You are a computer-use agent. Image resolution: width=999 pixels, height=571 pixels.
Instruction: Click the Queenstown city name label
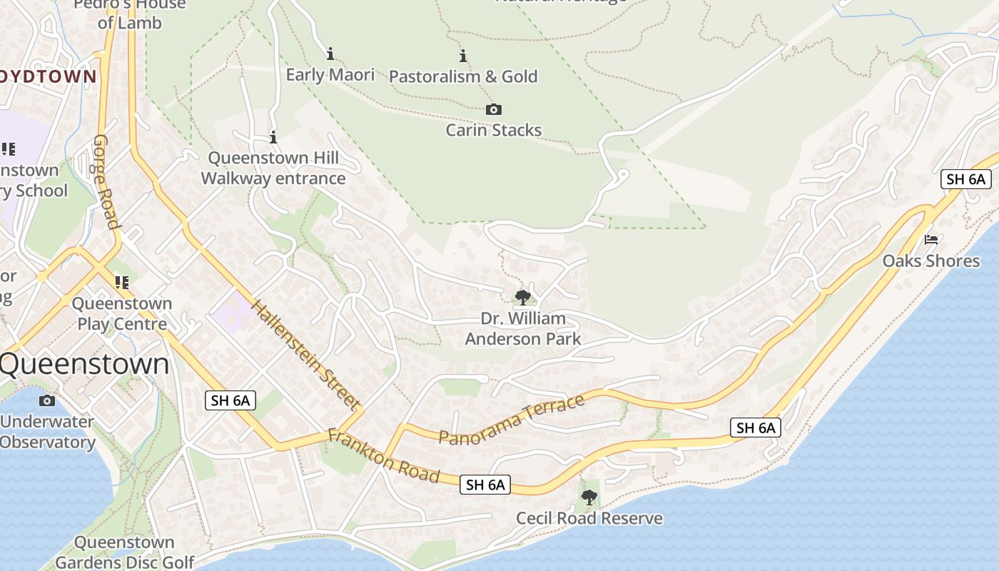[84, 364]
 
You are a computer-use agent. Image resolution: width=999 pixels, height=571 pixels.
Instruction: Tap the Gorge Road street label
[106, 181]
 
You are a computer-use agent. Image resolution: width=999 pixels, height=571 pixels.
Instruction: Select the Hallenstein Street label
[305, 355]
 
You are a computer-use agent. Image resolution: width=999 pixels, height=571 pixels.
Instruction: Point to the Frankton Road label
[383, 455]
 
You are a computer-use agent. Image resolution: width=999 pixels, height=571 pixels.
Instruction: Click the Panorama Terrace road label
[512, 420]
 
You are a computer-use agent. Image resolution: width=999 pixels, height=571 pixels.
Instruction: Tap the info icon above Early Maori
[330, 54]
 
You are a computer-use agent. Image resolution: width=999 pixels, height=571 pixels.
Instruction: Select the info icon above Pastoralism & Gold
[463, 56]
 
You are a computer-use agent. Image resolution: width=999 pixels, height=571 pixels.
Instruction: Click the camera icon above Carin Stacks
[493, 109]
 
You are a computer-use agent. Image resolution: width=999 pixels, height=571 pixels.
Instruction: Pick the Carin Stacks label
[494, 130]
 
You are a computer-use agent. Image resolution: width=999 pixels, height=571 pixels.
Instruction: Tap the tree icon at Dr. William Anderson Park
[522, 297]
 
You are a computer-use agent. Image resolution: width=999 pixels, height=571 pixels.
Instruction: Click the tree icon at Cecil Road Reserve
[589, 497]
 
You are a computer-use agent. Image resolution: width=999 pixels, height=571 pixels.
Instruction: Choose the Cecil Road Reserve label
[589, 518]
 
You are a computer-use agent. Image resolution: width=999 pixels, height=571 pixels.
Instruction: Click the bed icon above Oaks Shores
[931, 240]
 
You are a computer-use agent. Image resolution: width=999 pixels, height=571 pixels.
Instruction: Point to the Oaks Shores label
[931, 261]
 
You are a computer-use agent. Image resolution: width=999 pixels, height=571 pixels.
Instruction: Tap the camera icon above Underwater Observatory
[47, 400]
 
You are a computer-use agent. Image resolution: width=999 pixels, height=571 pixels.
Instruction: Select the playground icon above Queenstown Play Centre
[123, 283]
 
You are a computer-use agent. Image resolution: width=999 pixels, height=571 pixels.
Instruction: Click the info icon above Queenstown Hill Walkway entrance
[273, 137]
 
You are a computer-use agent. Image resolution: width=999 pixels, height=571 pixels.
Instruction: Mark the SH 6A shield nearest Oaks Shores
[965, 179]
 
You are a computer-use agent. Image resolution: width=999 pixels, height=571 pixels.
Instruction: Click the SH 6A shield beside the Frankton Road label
[485, 485]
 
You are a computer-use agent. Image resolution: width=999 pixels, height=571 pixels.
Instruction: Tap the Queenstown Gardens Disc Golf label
[124, 552]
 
